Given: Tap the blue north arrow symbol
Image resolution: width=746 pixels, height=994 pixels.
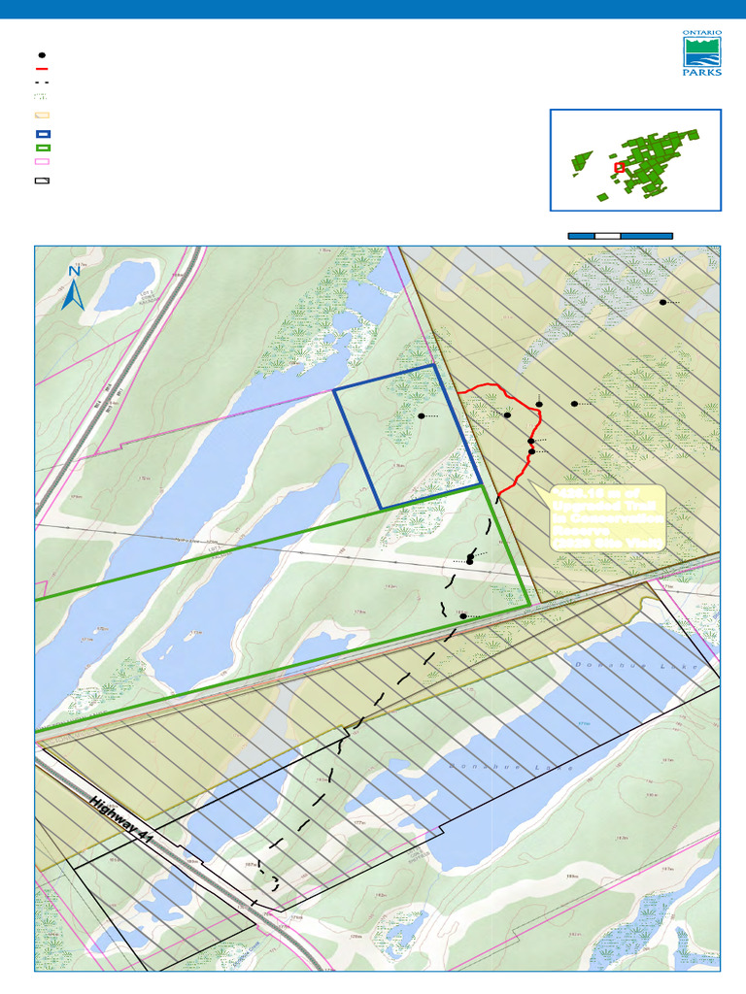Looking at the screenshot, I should [x=74, y=293].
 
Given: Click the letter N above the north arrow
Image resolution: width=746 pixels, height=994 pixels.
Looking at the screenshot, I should [x=74, y=272].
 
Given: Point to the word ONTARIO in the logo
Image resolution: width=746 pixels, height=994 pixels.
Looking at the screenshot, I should [x=702, y=33].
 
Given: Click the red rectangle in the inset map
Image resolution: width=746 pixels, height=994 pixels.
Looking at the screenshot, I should [x=619, y=167].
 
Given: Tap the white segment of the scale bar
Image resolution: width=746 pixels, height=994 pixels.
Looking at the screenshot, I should [x=607, y=235].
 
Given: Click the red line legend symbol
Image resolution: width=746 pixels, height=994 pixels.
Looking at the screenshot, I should [x=43, y=70].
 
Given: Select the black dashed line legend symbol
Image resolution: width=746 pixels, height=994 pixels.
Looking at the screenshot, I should [x=43, y=84].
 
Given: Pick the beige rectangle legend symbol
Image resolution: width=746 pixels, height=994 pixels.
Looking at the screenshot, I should [x=43, y=115].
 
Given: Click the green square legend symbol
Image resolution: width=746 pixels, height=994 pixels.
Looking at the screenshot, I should [x=43, y=148].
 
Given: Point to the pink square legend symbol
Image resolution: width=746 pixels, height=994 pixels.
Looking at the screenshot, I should [x=43, y=162].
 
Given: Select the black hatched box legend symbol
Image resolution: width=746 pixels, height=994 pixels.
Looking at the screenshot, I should [x=43, y=181].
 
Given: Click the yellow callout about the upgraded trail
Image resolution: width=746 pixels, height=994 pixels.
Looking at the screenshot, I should [x=607, y=518].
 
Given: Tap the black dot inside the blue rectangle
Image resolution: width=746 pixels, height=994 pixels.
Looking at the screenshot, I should [x=422, y=415].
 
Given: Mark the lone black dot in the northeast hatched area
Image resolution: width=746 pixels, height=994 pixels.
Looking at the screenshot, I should [x=662, y=302].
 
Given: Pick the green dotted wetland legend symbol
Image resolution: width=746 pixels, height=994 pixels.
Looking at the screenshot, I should [x=43, y=98].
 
